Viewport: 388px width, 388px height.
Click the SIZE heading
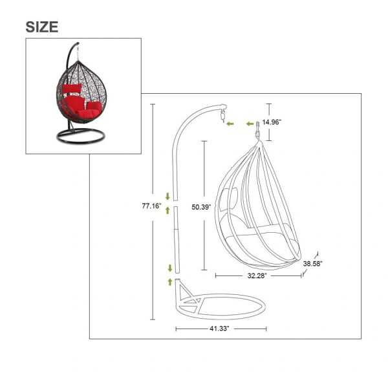click(42, 27)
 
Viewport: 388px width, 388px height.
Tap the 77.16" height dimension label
click(151, 206)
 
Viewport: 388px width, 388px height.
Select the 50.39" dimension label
click(201, 207)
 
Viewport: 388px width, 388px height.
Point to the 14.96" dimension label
click(272, 122)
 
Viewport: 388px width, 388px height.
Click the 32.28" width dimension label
click(257, 275)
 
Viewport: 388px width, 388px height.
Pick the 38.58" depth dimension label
click(313, 264)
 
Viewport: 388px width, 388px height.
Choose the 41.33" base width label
click(219, 329)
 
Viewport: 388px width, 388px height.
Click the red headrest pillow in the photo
click(72, 88)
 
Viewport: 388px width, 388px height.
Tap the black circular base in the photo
click(81, 136)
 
